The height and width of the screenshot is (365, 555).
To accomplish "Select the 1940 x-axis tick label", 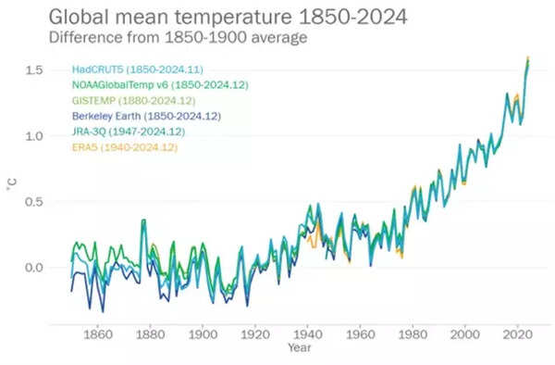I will pyautogui.click(x=307, y=334).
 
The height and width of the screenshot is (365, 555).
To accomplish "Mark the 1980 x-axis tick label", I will pyautogui.click(x=412, y=334).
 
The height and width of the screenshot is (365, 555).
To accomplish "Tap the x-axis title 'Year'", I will pyautogui.click(x=299, y=348).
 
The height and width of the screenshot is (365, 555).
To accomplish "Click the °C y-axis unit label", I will pyautogui.click(x=12, y=188).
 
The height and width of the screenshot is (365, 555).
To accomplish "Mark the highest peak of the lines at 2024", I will pyautogui.click(x=527, y=57).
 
